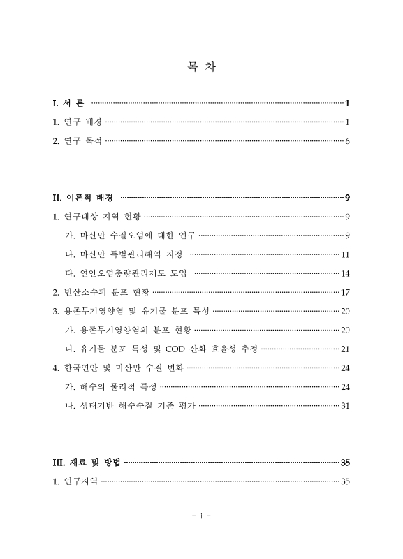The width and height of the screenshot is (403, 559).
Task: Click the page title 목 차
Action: [x=201, y=67]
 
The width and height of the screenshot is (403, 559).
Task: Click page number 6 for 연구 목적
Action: [x=346, y=141]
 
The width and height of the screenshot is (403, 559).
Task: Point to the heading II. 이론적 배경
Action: [x=84, y=197]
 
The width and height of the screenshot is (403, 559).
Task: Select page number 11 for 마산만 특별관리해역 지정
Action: [x=344, y=254]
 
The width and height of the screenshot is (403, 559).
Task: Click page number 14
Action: [x=344, y=273]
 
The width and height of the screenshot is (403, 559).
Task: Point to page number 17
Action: [x=344, y=291]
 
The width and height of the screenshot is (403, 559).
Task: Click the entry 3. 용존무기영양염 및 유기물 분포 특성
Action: [x=131, y=310]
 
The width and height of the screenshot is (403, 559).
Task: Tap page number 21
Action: [x=344, y=348]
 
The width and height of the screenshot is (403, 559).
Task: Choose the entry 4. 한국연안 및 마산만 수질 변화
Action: [x=119, y=367]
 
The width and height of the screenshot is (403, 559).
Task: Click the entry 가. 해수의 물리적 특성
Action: [x=110, y=386]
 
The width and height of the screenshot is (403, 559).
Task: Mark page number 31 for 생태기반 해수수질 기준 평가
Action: [x=344, y=405]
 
